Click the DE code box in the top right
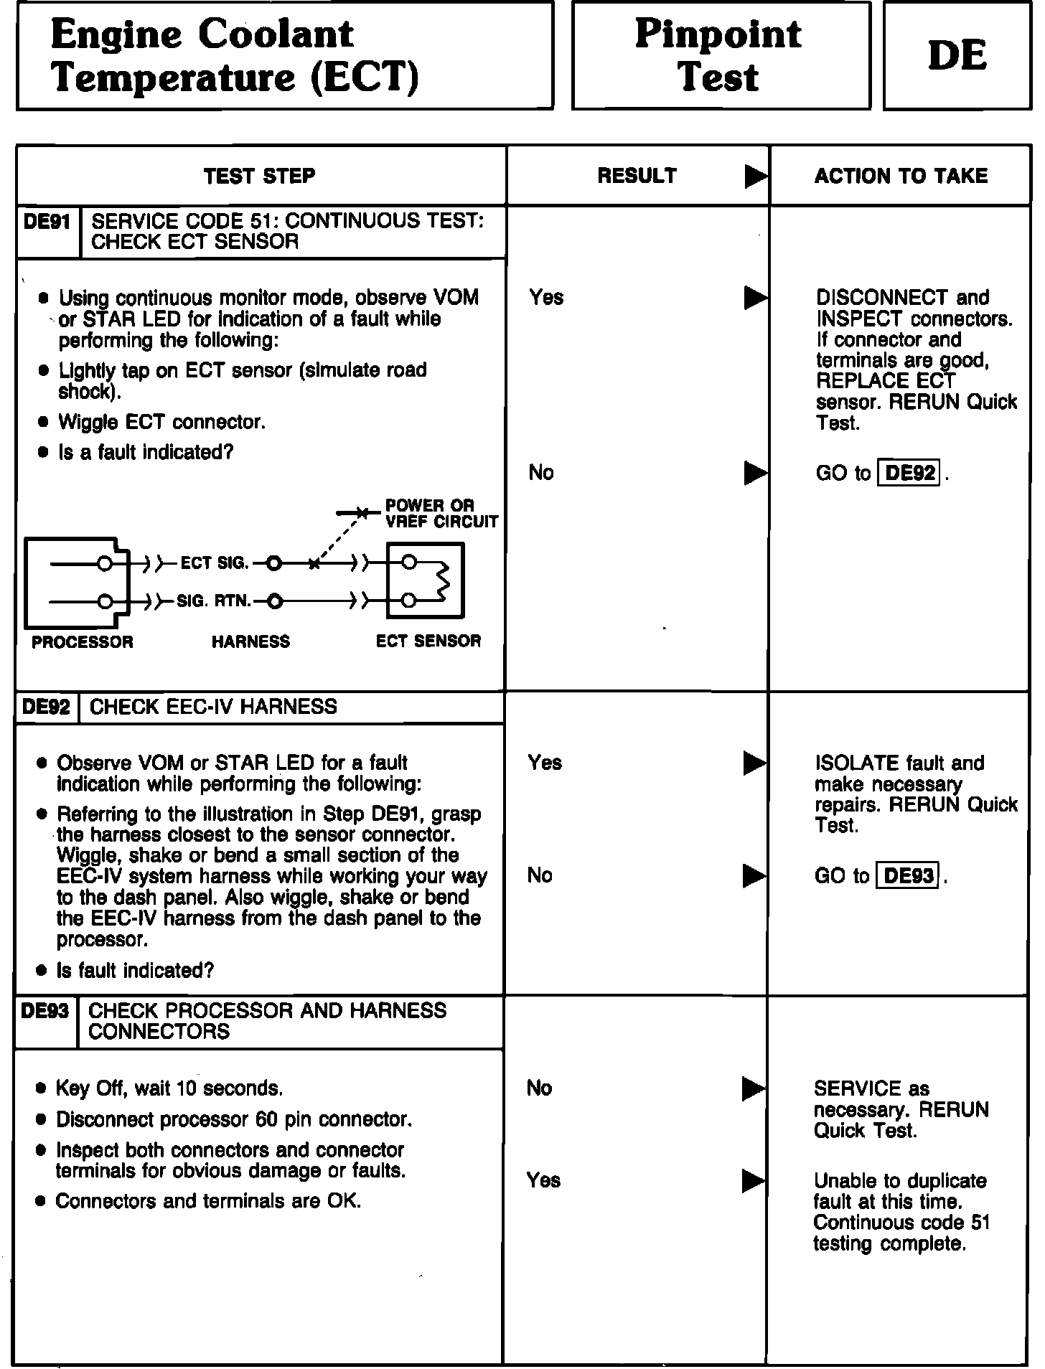pyautogui.click(x=957, y=55)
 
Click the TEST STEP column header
pyautogui.click(x=259, y=176)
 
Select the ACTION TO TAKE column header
pyautogui.click(x=901, y=176)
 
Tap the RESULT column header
pyautogui.click(x=637, y=176)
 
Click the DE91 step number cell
pyautogui.click(x=47, y=222)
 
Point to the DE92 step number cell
pyautogui.click(x=47, y=707)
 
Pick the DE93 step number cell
pyautogui.click(x=45, y=1011)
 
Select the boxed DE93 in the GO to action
pyautogui.click(x=909, y=875)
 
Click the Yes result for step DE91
pyautogui.click(x=546, y=297)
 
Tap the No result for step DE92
pyautogui.click(x=540, y=875)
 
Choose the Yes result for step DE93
pyautogui.click(x=543, y=1180)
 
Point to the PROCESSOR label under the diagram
pyautogui.click(x=83, y=641)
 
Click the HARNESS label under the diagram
pyautogui.click(x=250, y=641)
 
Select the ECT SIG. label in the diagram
pyautogui.click(x=215, y=563)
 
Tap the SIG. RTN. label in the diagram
pyautogui.click(x=214, y=601)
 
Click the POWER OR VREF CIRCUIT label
pyautogui.click(x=441, y=514)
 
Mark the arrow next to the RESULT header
pyautogui.click(x=756, y=176)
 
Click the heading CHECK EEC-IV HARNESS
pyautogui.click(x=213, y=707)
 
